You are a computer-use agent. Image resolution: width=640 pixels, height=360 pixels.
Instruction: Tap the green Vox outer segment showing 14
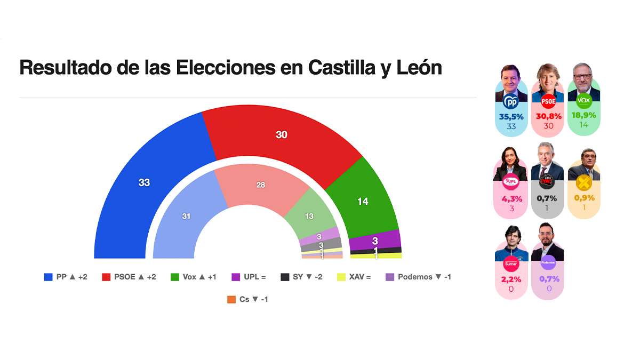tap(363, 202)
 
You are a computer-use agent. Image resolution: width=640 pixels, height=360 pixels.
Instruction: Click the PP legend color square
tap(49, 277)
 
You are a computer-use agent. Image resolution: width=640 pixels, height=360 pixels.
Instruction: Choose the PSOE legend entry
tap(129, 277)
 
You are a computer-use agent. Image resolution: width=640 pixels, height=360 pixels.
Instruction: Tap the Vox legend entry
tap(193, 277)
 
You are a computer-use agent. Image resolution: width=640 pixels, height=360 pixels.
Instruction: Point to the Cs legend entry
tap(247, 299)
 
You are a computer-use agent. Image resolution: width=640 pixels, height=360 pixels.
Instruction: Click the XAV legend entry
tap(354, 277)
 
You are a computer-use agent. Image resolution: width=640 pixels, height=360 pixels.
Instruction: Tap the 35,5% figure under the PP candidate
tap(511, 116)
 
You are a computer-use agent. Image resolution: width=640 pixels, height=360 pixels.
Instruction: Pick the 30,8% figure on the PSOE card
tap(548, 116)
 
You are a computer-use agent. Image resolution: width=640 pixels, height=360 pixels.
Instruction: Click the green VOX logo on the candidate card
tap(584, 100)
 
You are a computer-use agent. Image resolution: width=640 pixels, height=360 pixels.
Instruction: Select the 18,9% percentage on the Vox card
tap(584, 116)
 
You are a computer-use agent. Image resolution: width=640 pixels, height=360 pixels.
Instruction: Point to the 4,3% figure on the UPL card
tap(511, 198)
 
